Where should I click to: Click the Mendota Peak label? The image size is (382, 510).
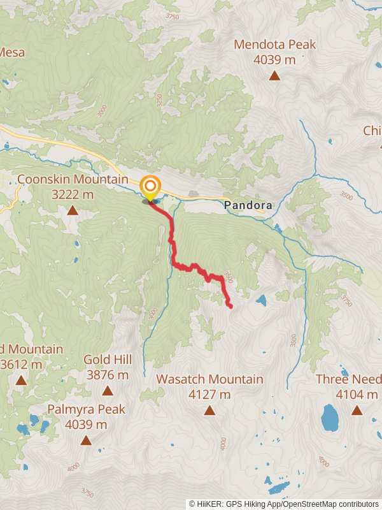[274, 45]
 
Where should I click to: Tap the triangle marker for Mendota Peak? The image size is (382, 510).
[274, 76]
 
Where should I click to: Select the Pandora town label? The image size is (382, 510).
[248, 205]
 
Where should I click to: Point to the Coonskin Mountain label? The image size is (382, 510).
[73, 180]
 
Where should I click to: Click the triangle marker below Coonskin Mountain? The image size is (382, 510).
[73, 210]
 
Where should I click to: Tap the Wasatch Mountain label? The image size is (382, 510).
[209, 379]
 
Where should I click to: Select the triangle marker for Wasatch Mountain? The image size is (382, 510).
[209, 411]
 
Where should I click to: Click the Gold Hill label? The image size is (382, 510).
[108, 360]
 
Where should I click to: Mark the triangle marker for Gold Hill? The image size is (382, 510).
[108, 390]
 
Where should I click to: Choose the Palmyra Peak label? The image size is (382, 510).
[86, 409]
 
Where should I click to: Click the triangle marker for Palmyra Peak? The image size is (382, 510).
[86, 440]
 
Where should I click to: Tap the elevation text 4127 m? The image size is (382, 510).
[209, 395]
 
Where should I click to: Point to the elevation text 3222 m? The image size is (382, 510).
[73, 194]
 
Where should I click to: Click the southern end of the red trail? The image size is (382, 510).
[230, 307]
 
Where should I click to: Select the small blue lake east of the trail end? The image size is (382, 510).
[261, 300]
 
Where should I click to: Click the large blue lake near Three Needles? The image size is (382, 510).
[330, 418]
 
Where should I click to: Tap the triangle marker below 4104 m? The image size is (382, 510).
[357, 411]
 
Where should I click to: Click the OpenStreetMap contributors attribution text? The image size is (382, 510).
[331, 504]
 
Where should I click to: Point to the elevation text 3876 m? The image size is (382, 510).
[108, 375]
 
